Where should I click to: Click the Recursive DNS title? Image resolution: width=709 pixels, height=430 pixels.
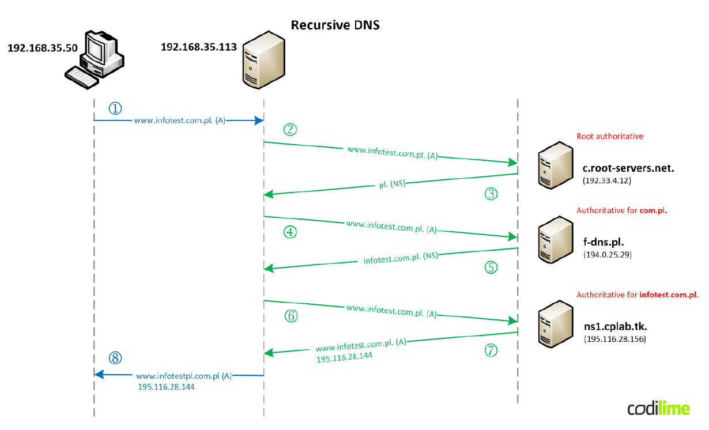(x=335, y=25)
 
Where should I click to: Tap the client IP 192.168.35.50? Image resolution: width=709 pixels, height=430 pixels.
(x=42, y=48)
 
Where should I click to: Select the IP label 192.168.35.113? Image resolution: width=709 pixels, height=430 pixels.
(x=198, y=47)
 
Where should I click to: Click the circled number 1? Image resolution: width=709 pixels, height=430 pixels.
(x=115, y=108)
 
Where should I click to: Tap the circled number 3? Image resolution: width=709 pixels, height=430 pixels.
(x=490, y=194)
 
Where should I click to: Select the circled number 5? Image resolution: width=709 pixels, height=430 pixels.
(x=490, y=267)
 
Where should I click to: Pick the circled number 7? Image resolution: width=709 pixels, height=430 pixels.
(x=490, y=350)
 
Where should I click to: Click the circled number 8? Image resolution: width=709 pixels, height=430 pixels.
(x=115, y=358)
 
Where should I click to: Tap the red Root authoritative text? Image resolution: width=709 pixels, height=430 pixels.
(x=610, y=137)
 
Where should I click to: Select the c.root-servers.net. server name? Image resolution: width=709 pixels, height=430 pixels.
(x=628, y=169)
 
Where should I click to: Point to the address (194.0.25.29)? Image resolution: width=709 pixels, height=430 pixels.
(x=608, y=254)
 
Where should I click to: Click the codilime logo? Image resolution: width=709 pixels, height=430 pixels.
(x=658, y=409)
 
